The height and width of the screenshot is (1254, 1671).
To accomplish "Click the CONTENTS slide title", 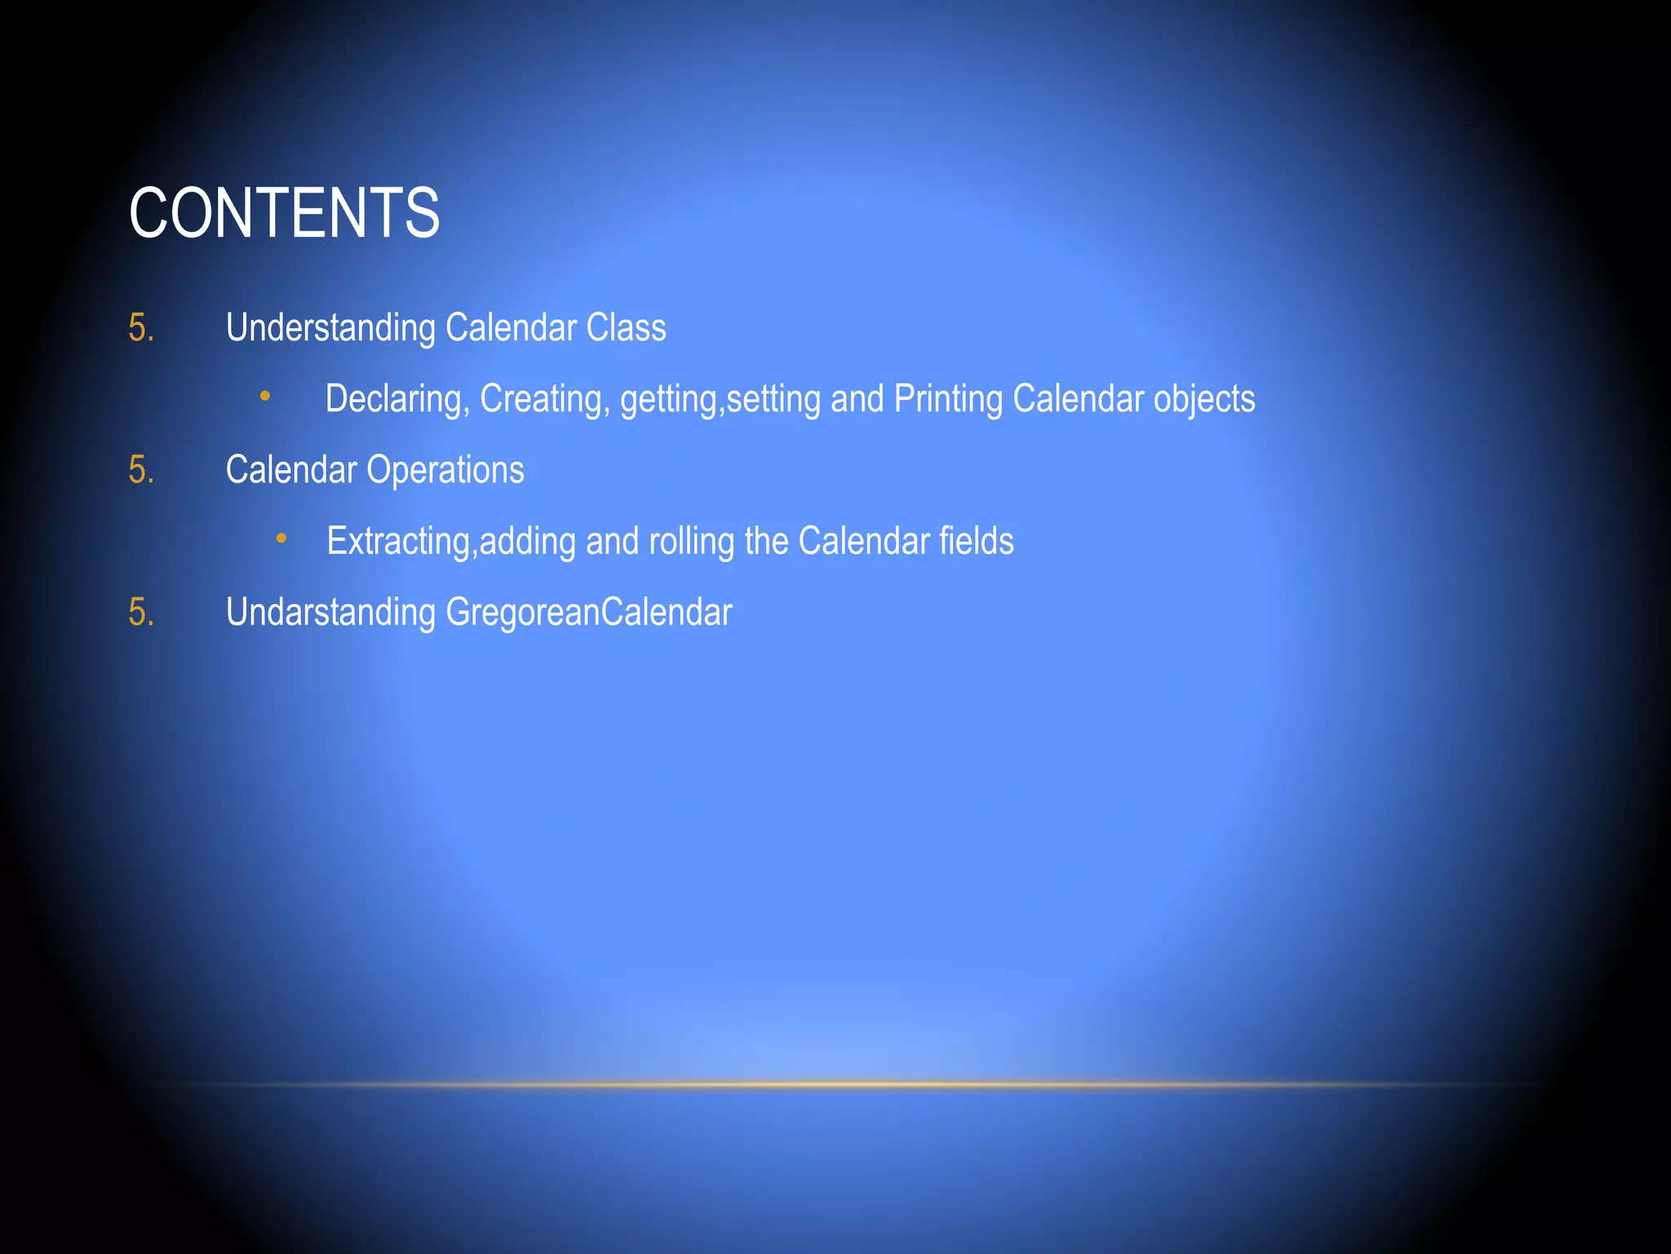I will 284,213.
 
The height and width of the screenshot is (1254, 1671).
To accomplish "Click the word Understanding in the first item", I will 330,328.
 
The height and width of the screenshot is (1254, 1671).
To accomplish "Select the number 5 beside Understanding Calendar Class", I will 140,328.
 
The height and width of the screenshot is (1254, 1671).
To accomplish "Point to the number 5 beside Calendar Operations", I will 140,470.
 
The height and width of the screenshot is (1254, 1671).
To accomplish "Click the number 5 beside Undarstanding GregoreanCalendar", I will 140,612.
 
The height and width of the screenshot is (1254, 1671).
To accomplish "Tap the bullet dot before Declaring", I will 265,397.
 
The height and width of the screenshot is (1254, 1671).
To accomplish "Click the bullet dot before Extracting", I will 281,538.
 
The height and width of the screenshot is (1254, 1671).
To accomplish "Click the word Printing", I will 948,399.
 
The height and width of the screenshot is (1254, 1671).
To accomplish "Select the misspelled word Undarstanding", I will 330,612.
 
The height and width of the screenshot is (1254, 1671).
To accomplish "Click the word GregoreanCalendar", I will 588,612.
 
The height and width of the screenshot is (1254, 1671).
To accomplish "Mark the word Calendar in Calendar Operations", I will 291,470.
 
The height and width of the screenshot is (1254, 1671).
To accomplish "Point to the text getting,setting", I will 720,399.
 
